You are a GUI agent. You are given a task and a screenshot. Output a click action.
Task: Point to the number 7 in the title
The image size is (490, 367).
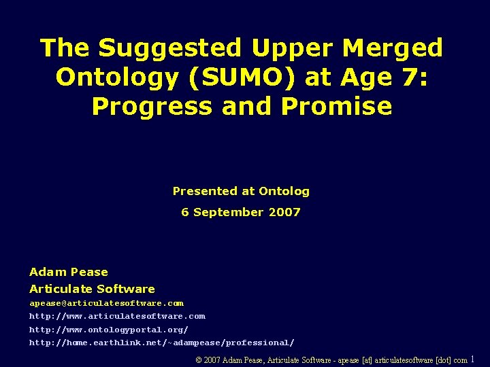click(410, 77)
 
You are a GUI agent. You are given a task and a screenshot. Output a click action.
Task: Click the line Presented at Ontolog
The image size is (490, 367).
click(241, 192)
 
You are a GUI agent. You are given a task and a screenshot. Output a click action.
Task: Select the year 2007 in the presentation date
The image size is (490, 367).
click(284, 212)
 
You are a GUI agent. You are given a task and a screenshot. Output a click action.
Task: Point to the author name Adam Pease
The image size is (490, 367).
click(68, 272)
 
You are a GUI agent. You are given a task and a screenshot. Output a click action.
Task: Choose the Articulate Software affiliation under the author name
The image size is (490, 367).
click(92, 289)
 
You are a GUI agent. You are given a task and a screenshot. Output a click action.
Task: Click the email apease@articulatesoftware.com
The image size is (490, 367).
click(106, 303)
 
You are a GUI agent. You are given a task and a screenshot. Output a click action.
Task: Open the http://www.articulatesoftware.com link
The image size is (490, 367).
click(117, 316)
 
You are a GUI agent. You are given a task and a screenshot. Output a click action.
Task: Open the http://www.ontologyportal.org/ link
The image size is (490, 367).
click(109, 330)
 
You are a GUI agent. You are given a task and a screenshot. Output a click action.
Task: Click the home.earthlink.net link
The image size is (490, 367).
click(161, 343)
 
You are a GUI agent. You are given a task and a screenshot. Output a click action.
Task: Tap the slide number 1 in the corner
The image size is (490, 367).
click(473, 359)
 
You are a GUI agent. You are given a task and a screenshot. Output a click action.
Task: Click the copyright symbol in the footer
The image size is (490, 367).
click(199, 360)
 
